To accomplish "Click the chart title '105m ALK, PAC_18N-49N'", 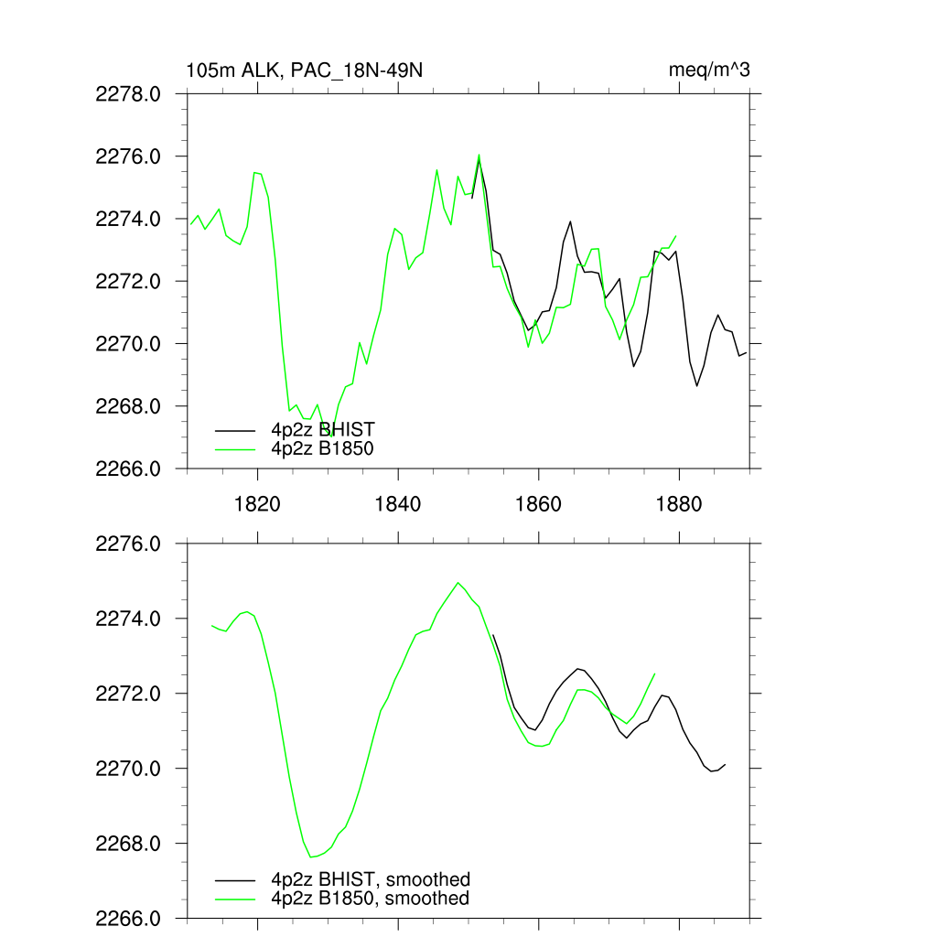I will [304, 70].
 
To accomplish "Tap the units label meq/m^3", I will [710, 70].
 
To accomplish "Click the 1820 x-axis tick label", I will [257, 504].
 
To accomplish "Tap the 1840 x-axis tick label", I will [398, 504].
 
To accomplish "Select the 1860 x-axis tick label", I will [539, 504].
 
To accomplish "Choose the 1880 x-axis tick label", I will [679, 504].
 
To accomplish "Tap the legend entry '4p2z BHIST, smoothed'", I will [371, 879].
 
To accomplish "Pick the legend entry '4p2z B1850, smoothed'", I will [371, 899].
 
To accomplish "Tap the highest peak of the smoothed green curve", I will [458, 582].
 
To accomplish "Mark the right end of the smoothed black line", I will [725, 764].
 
